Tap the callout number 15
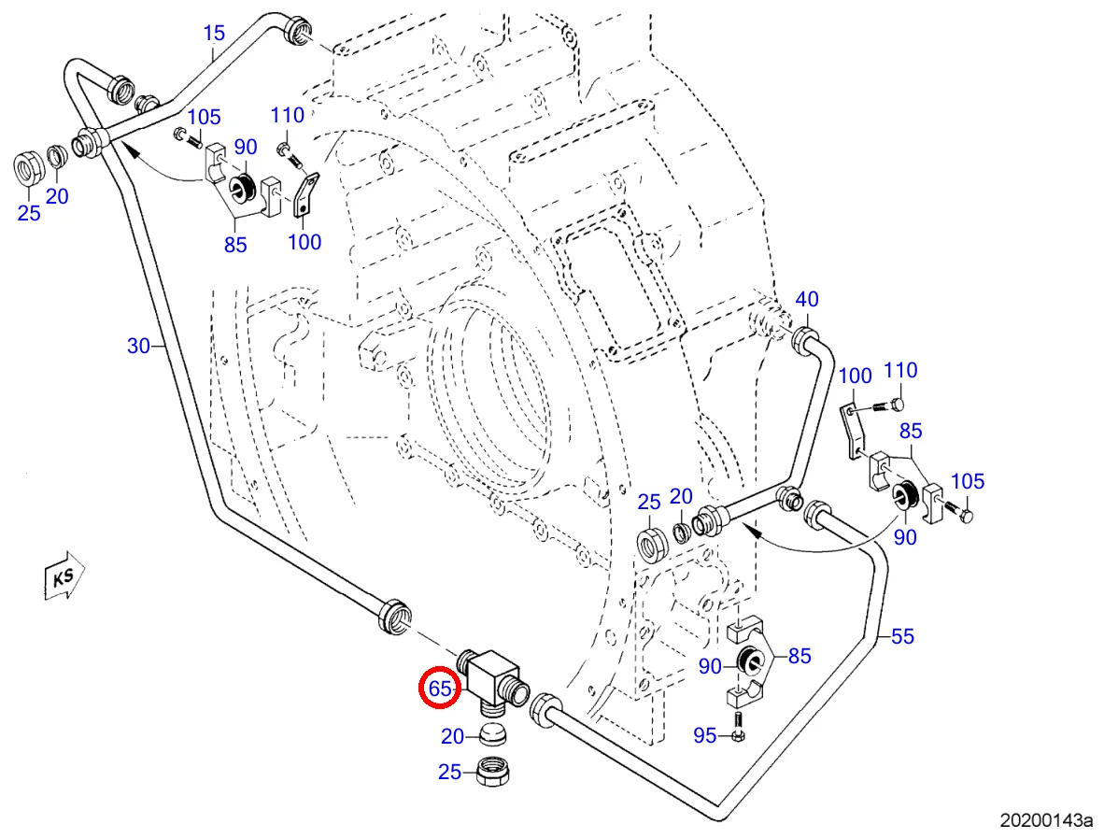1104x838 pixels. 214,35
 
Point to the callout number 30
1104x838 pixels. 138,347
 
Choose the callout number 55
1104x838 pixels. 902,637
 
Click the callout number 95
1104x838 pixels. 705,736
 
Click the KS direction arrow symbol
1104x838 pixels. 64,577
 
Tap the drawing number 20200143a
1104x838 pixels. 1045,821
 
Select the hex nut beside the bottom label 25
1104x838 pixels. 491,771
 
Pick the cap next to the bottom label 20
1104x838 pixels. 491,734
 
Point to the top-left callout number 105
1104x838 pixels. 204,118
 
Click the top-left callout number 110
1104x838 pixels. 288,116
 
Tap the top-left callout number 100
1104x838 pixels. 304,243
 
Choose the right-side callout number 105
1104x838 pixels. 967,482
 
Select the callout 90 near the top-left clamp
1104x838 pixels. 245,147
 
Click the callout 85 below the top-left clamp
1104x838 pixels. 234,245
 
